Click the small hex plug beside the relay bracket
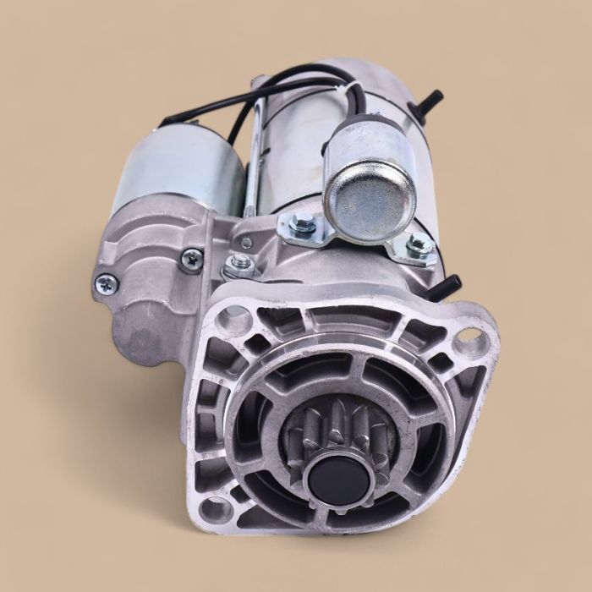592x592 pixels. (x=246, y=241)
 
